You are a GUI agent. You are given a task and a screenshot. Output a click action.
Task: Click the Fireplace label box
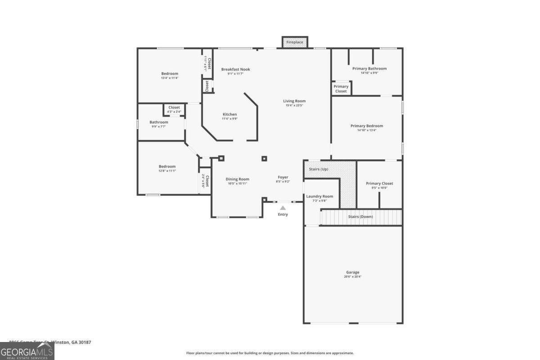[295, 42]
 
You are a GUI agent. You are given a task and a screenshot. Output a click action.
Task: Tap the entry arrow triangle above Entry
[283, 208]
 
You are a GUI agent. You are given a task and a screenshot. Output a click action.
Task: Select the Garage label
[352, 272]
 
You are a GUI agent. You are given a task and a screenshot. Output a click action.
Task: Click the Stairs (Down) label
[360, 217]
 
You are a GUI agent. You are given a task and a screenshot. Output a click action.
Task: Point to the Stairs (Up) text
[319, 169]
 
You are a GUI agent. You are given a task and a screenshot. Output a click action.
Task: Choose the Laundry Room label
[319, 196]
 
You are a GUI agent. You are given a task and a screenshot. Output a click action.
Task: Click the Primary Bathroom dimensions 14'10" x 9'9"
[369, 73]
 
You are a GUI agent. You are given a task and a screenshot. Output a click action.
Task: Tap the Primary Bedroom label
[367, 126]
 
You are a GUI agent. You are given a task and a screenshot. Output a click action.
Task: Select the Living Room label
[294, 101]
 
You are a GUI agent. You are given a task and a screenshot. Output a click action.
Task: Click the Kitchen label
[229, 114]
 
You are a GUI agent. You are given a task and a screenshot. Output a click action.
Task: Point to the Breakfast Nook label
[235, 69]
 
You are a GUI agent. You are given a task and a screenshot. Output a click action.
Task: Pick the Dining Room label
[237, 179]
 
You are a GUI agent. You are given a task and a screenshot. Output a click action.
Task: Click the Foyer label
[283, 177]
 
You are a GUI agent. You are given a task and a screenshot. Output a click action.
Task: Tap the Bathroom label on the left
[159, 122]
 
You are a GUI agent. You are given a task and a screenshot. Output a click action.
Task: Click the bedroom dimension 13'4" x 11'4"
[170, 78]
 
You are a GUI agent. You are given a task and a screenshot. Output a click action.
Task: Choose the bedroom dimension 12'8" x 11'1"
[167, 171]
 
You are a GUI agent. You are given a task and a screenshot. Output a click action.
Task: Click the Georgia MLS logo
[27, 351]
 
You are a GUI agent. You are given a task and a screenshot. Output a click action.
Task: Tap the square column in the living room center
[264, 158]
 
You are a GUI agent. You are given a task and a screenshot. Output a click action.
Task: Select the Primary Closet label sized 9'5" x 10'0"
[379, 184]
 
